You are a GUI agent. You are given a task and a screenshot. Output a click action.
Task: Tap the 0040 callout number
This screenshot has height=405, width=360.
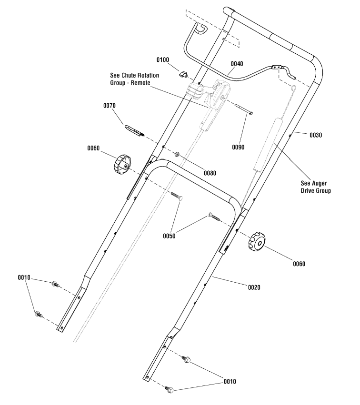click(237, 63)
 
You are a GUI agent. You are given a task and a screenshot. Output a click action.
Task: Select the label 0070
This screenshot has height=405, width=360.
click(110, 105)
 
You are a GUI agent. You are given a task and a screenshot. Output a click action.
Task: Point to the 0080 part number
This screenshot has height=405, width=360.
click(210, 173)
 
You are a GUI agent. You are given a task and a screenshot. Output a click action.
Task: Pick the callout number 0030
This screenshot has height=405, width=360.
click(316, 135)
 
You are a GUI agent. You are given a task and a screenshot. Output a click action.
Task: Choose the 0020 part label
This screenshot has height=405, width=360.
click(254, 287)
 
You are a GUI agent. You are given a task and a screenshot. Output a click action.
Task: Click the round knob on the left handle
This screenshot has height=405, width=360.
click(123, 164)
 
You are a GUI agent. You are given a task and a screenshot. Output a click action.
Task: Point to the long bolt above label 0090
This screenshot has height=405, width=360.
click(240, 108)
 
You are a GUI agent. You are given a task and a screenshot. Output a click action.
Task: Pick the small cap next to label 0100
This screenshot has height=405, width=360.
click(182, 74)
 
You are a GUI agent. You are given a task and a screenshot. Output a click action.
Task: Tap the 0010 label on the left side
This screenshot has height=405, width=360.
click(24, 277)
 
